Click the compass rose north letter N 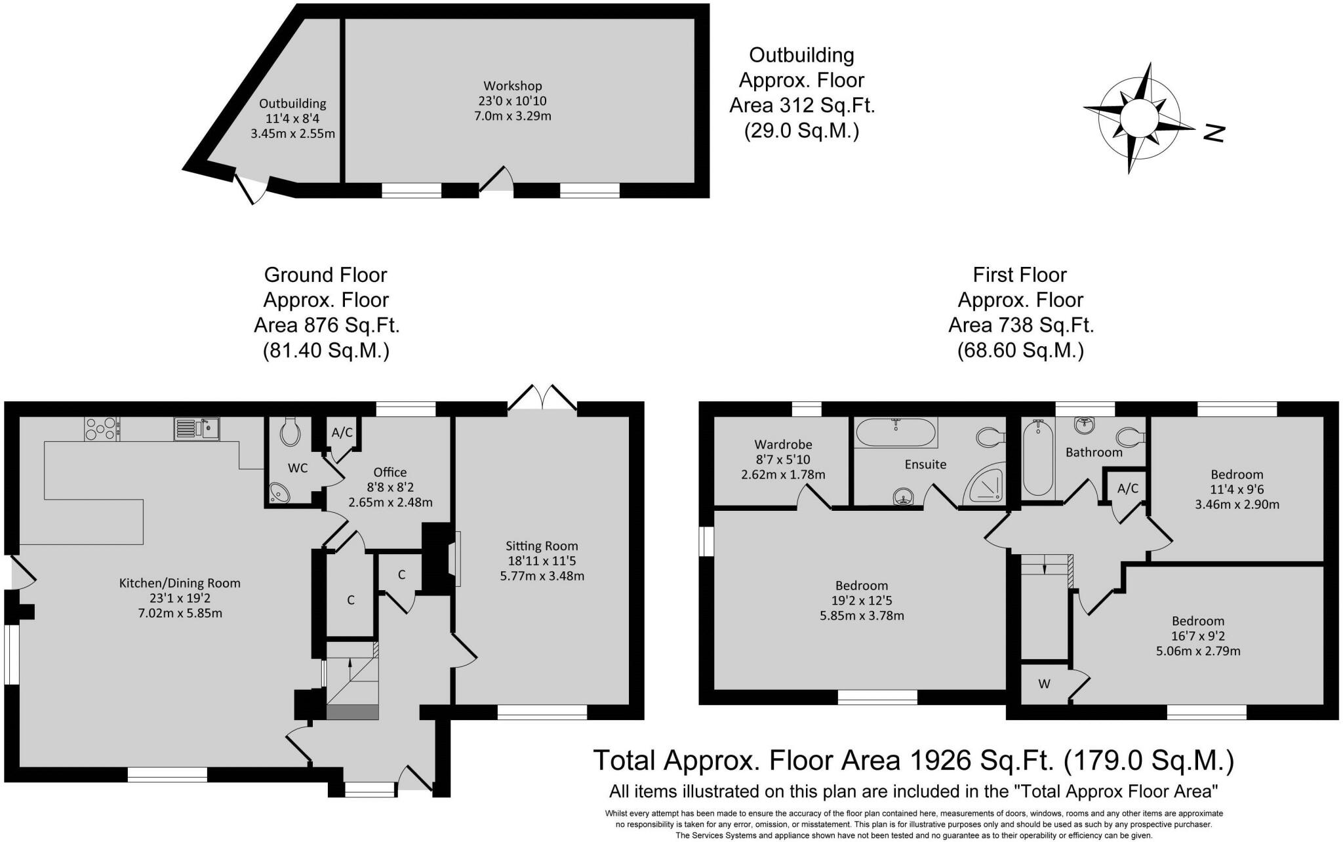click(1214, 133)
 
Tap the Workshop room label click(513, 86)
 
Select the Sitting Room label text click(542, 546)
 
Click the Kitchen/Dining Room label click(180, 583)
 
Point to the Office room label click(390, 472)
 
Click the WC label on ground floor click(298, 468)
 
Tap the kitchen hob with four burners click(101, 429)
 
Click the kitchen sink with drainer click(197, 429)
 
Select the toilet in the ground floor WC click(289, 431)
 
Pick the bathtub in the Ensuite click(896, 433)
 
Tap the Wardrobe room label click(783, 444)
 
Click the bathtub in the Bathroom click(1038, 458)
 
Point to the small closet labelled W click(1045, 684)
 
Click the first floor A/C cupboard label click(1127, 488)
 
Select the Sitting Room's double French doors click(542, 398)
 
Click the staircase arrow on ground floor click(350, 670)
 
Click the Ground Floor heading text click(325, 275)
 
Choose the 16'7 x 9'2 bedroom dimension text click(1198, 636)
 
